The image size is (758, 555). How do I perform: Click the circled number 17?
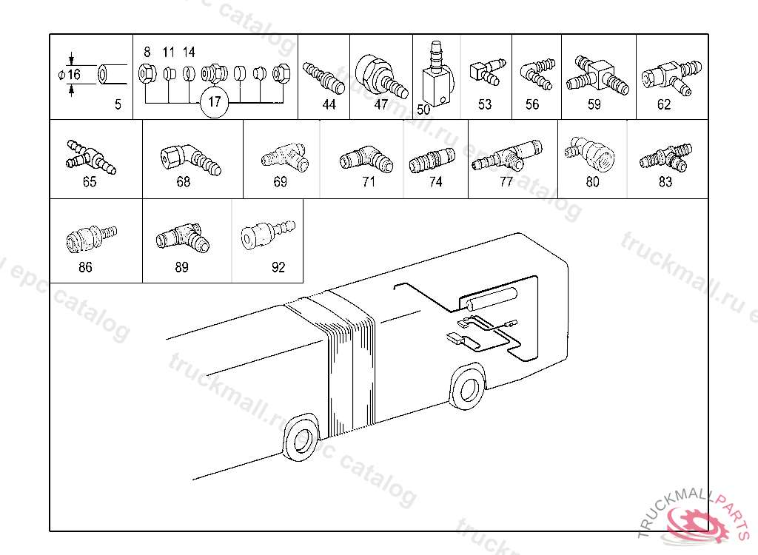(214, 102)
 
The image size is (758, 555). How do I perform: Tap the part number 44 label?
(329, 105)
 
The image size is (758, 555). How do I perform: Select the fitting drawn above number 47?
(380, 76)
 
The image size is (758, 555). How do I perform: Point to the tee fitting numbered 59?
(597, 76)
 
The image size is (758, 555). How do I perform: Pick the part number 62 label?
(664, 105)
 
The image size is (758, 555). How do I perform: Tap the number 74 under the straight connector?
(435, 182)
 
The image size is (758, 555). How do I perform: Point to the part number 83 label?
(665, 182)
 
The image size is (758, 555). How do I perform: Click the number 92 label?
(278, 268)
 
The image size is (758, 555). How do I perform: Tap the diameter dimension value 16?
(74, 75)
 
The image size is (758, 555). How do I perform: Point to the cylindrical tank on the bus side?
(488, 300)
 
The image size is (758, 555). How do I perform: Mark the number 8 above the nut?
(147, 53)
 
